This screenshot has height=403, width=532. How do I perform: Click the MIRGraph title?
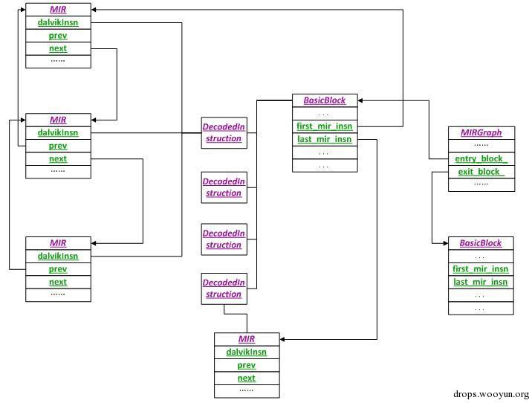pyautogui.click(x=481, y=132)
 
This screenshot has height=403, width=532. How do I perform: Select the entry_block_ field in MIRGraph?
pyautogui.click(x=481, y=159)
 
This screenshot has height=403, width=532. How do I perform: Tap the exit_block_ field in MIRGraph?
pyautogui.click(x=481, y=173)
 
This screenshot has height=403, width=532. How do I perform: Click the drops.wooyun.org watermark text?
pyautogui.click(x=490, y=395)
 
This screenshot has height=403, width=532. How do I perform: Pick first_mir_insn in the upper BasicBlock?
pyautogui.click(x=324, y=126)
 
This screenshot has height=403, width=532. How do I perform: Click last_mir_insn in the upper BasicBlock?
pyautogui.click(x=324, y=140)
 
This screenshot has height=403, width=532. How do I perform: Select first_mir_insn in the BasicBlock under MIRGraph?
pyautogui.click(x=480, y=269)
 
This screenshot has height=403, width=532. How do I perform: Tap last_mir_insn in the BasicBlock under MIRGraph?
pyautogui.click(x=480, y=283)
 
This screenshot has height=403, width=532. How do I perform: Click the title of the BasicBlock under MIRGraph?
pyautogui.click(x=480, y=243)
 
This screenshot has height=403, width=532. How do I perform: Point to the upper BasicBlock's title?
pyautogui.click(x=324, y=100)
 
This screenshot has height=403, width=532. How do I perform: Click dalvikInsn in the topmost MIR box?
pyautogui.click(x=58, y=23)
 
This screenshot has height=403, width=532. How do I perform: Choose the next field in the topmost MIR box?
pyautogui.click(x=58, y=48)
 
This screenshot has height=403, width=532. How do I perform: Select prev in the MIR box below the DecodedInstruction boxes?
pyautogui.click(x=246, y=365)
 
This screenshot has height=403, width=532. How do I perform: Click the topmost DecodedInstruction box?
pyautogui.click(x=224, y=133)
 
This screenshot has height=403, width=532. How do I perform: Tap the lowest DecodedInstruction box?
pyautogui.click(x=224, y=288)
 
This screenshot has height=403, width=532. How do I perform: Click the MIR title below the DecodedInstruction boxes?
pyautogui.click(x=246, y=340)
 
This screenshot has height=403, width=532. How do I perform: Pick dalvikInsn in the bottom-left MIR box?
pyautogui.click(x=58, y=257)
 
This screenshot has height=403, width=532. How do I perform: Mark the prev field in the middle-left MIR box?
pyautogui.click(x=58, y=146)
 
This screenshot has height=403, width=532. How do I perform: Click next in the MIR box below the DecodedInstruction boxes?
pyautogui.click(x=246, y=378)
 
